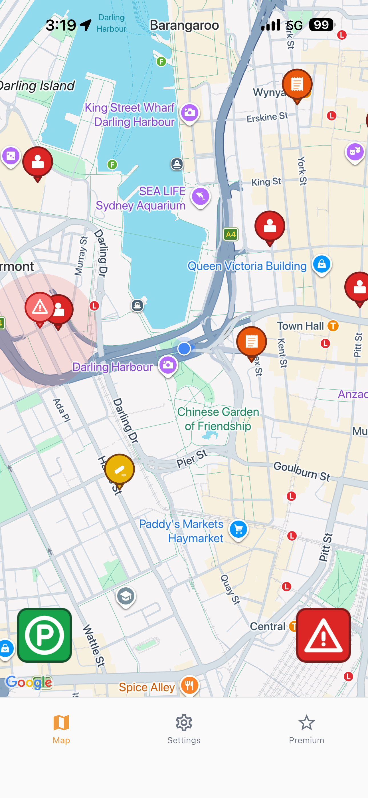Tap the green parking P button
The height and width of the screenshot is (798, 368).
44,635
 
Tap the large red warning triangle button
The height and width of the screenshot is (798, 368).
323,635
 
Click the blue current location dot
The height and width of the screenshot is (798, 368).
184,348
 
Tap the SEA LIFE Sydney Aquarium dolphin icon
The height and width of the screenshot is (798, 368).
201,197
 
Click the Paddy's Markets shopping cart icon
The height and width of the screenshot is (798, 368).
238,529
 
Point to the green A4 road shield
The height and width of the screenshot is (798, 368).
231,235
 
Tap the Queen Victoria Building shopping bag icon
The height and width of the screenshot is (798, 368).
322,264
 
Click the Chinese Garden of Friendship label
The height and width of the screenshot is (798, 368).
218,419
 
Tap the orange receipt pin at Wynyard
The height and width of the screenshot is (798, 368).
297,84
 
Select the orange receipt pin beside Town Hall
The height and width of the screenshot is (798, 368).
251,342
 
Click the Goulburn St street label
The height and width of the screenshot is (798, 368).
302,471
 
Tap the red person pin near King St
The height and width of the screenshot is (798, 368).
270,226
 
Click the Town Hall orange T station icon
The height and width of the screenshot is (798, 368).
333,326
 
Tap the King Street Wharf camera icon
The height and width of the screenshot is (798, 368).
190,113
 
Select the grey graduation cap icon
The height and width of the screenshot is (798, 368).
126,596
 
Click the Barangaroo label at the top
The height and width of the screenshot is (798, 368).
184,25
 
